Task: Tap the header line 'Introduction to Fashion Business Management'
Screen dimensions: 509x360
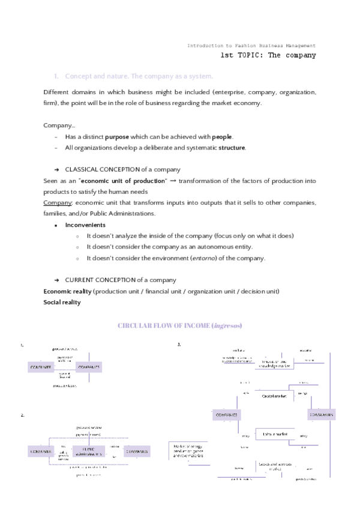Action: pyautogui.click(x=251, y=46)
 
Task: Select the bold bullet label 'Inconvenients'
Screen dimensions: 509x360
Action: pyautogui.click(x=85, y=225)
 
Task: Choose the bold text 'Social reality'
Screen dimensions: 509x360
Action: pyautogui.click(x=62, y=303)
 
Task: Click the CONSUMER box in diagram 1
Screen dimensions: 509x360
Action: pyautogui.click(x=42, y=367)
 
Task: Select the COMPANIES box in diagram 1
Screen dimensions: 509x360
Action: pyautogui.click(x=89, y=367)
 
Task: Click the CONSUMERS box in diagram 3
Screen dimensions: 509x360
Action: pyautogui.click(x=321, y=415)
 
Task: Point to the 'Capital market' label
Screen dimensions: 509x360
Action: pyautogui.click(x=274, y=396)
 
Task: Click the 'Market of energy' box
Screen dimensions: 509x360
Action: pyautogui.click(x=188, y=451)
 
